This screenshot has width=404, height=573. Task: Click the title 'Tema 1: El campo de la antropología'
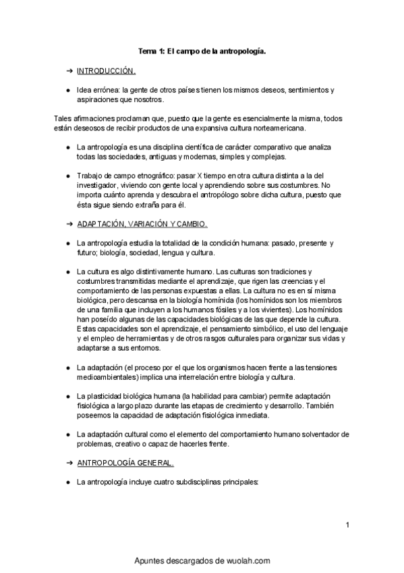[x=202, y=51]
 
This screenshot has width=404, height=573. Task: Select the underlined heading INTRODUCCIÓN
[x=107, y=70]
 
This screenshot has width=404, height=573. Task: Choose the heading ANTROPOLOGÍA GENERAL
[x=125, y=463]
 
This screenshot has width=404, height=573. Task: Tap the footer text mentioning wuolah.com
[x=202, y=560]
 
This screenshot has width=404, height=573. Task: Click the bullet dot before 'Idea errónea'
[x=69, y=90]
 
